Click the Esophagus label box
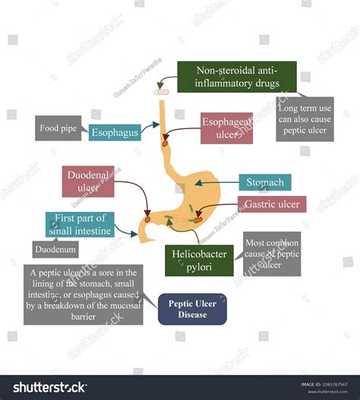pyautogui.click(x=114, y=133)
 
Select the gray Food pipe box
pyautogui.click(x=58, y=128)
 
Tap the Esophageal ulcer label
pyautogui.click(x=226, y=128)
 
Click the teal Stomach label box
pyautogui.click(x=264, y=182)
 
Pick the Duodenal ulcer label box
pyautogui.click(x=88, y=182)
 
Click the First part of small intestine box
pyautogui.click(x=80, y=225)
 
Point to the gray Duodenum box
pyautogui.click(x=55, y=248)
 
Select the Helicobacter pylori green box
pyautogui.click(x=199, y=260)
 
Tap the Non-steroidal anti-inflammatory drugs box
pyautogui.click(x=236, y=77)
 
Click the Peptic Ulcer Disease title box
pyautogui.click(x=192, y=309)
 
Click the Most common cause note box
pyautogui.click(x=271, y=254)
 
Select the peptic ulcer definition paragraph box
pyautogui.click(x=84, y=294)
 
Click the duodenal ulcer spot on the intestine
pyautogui.click(x=147, y=220)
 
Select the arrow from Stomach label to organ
pyautogui.click(x=218, y=182)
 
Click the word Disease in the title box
pyautogui.click(x=192, y=315)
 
